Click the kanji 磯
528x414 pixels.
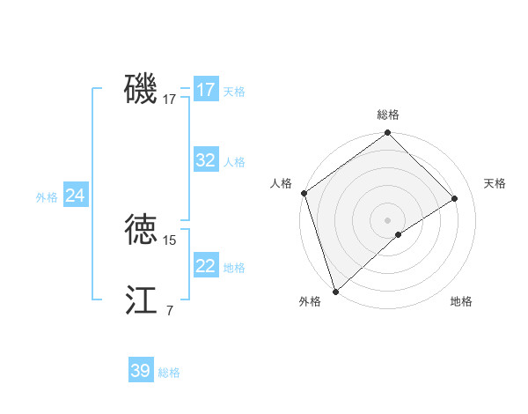click(x=142, y=89)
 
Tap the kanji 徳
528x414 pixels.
click(x=142, y=230)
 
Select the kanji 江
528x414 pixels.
click(x=142, y=300)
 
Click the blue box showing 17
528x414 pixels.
click(x=205, y=90)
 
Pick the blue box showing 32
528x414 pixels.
click(x=205, y=160)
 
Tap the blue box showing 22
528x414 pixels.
click(x=205, y=266)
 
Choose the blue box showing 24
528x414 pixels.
click(x=76, y=196)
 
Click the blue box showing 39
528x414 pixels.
click(x=140, y=371)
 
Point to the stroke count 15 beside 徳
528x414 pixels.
click(x=170, y=240)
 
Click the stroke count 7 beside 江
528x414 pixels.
click(x=170, y=310)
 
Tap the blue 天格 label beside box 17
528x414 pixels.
click(x=234, y=92)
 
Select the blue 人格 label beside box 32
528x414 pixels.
click(x=234, y=162)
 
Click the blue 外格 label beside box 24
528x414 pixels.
click(x=47, y=197)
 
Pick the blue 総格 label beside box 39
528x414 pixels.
click(x=169, y=373)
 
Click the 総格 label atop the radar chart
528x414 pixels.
click(x=388, y=115)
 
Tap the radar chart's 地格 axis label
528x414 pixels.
click(x=461, y=301)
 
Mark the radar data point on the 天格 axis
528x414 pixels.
click(x=455, y=198)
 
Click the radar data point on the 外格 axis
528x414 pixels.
click(x=335, y=291)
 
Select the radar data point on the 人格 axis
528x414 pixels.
click(x=304, y=193)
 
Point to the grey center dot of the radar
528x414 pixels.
click(x=387, y=219)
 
